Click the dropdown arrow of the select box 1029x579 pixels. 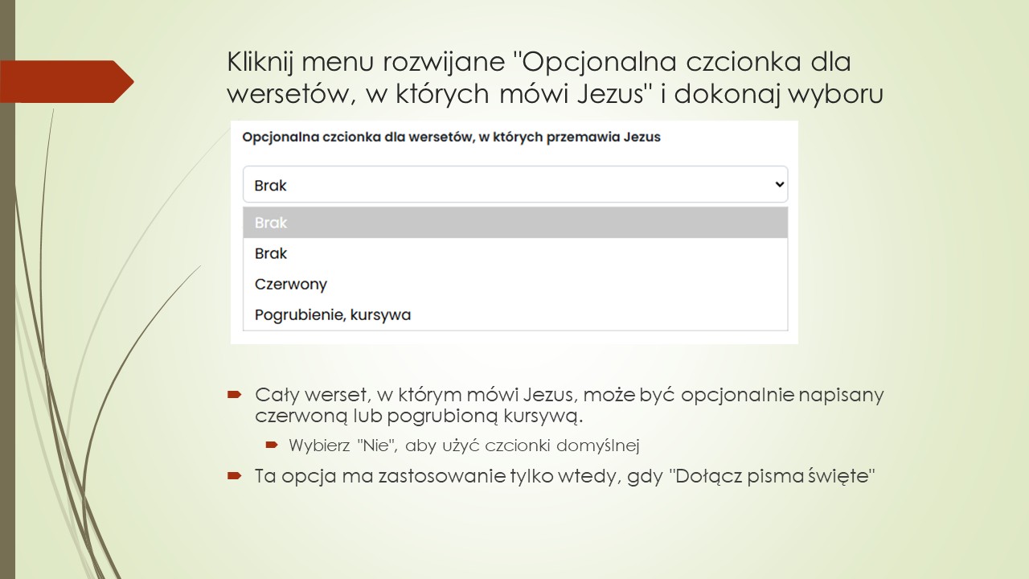(778, 184)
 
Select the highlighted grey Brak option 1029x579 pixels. (514, 223)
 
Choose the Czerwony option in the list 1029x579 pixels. (291, 284)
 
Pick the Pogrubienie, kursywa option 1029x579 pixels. (333, 314)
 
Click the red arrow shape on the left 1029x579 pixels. (68, 81)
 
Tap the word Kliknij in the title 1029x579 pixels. (261, 62)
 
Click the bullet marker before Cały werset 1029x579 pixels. (234, 395)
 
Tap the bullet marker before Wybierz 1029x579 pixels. (272, 445)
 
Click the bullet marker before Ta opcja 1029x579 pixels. (234, 475)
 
